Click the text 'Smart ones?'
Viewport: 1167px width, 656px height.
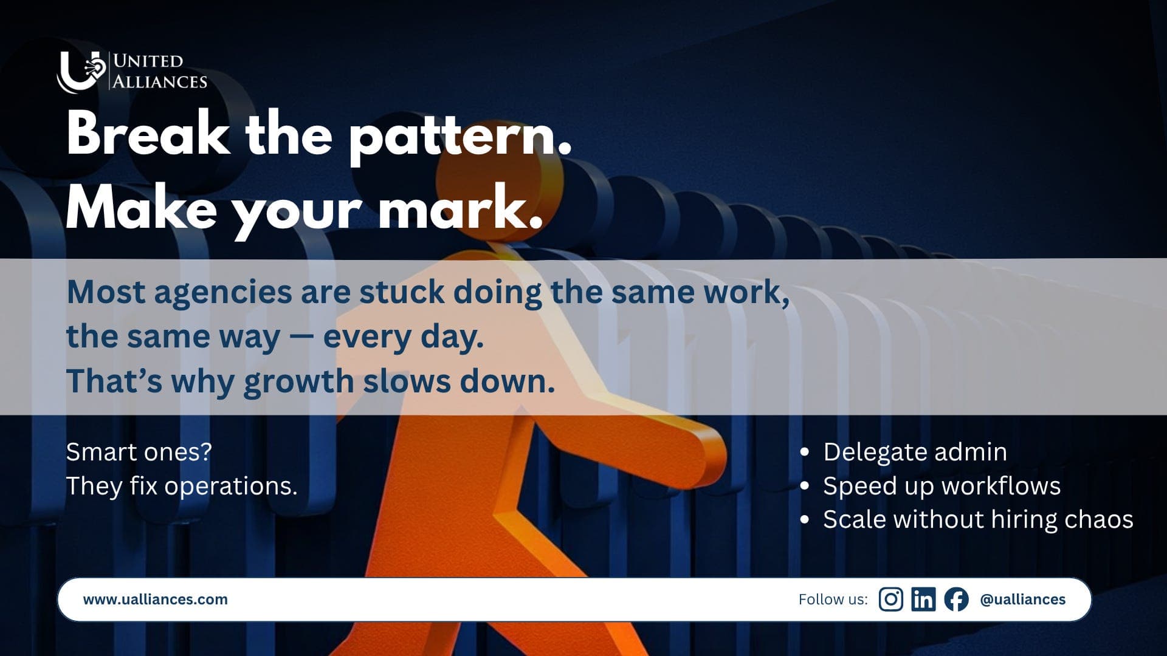[x=139, y=452]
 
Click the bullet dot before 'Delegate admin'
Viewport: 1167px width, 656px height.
[x=805, y=453]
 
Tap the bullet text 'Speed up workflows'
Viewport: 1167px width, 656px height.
[x=942, y=486]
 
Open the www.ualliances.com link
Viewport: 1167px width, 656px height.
[x=155, y=600]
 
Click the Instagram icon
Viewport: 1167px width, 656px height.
[x=890, y=600]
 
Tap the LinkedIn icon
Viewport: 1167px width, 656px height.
[x=923, y=600]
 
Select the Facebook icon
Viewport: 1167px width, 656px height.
[x=956, y=600]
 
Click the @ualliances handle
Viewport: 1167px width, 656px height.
[x=1022, y=600]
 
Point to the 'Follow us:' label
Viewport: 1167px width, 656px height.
[x=833, y=600]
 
